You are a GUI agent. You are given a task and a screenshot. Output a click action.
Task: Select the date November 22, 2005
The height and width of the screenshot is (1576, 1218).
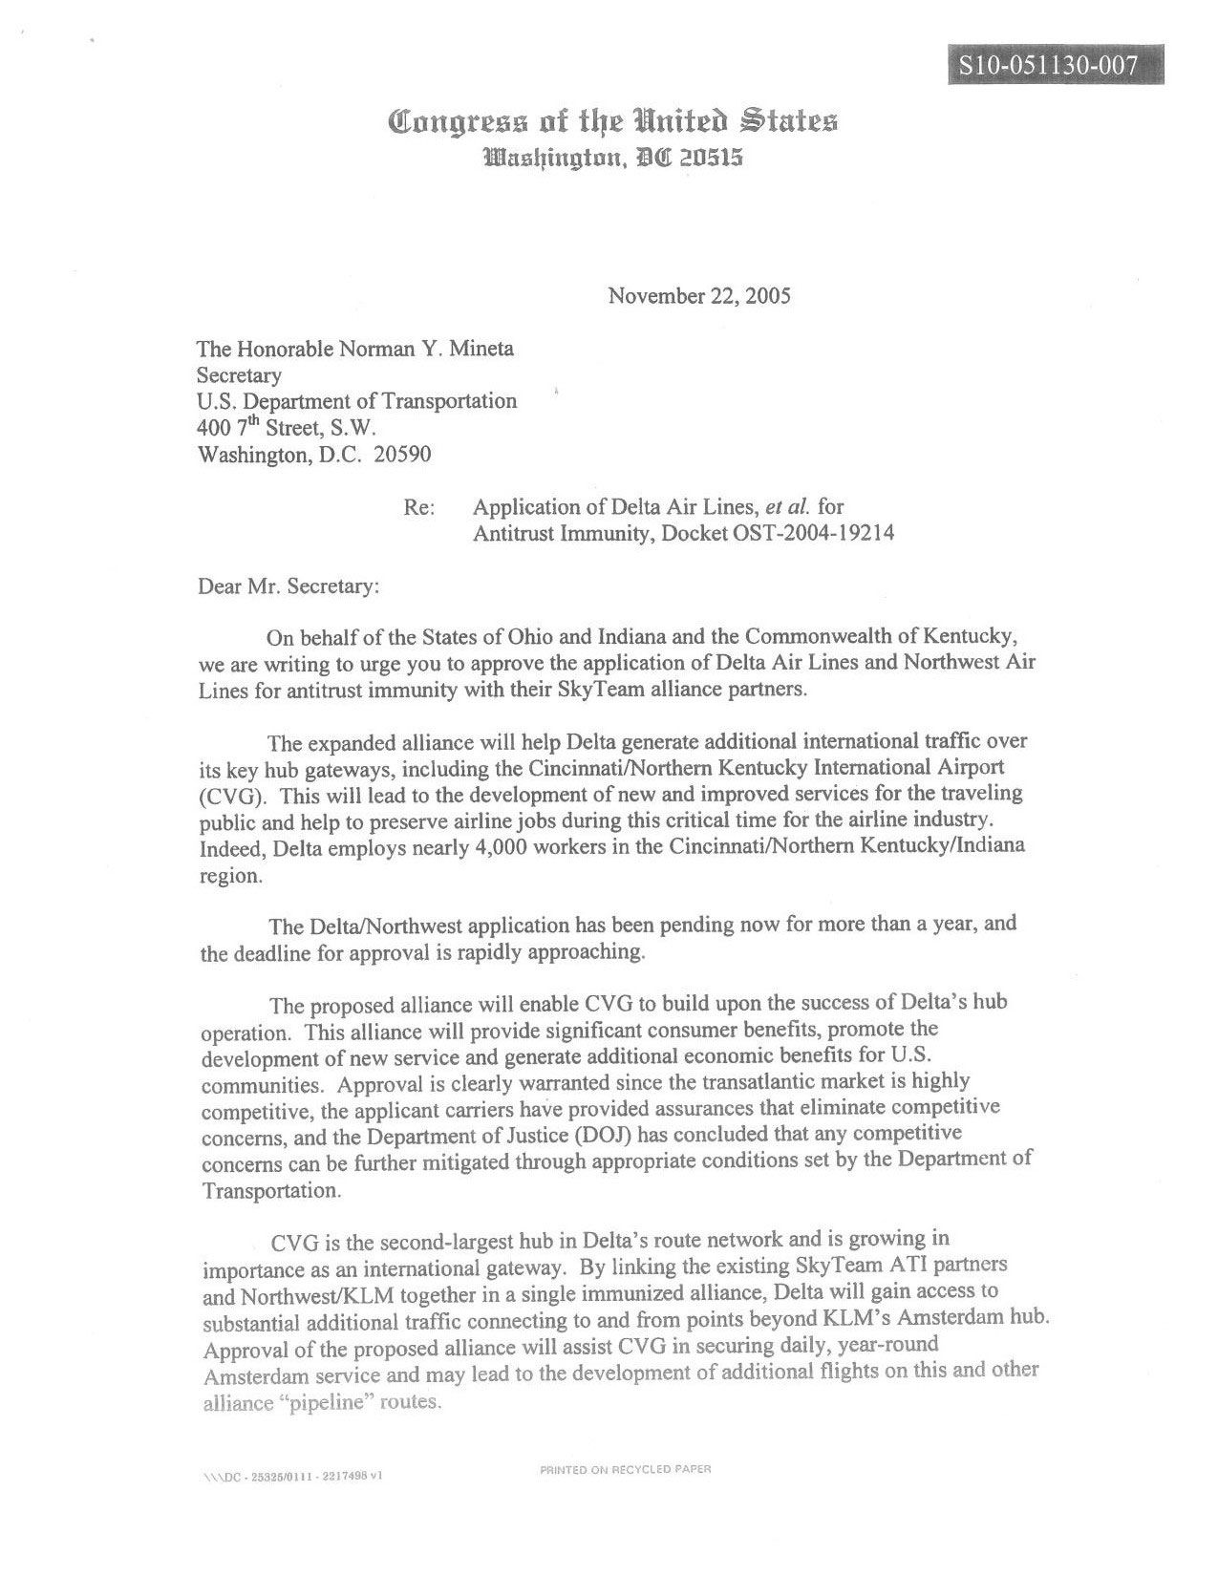click(x=699, y=295)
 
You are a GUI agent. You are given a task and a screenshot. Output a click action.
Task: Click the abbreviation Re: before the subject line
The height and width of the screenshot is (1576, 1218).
click(x=419, y=507)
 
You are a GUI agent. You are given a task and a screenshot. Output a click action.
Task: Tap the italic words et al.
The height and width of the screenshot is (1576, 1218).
click(x=783, y=507)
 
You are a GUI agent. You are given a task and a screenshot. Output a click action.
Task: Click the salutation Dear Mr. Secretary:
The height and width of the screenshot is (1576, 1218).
click(x=288, y=586)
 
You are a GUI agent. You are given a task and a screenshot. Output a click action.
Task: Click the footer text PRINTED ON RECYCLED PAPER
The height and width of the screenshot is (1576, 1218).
click(x=625, y=1470)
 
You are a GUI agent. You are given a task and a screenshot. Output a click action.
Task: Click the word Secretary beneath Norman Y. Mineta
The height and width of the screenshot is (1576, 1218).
click(x=239, y=375)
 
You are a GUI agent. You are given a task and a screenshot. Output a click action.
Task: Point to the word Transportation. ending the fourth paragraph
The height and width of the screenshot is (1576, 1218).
click(x=271, y=1191)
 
